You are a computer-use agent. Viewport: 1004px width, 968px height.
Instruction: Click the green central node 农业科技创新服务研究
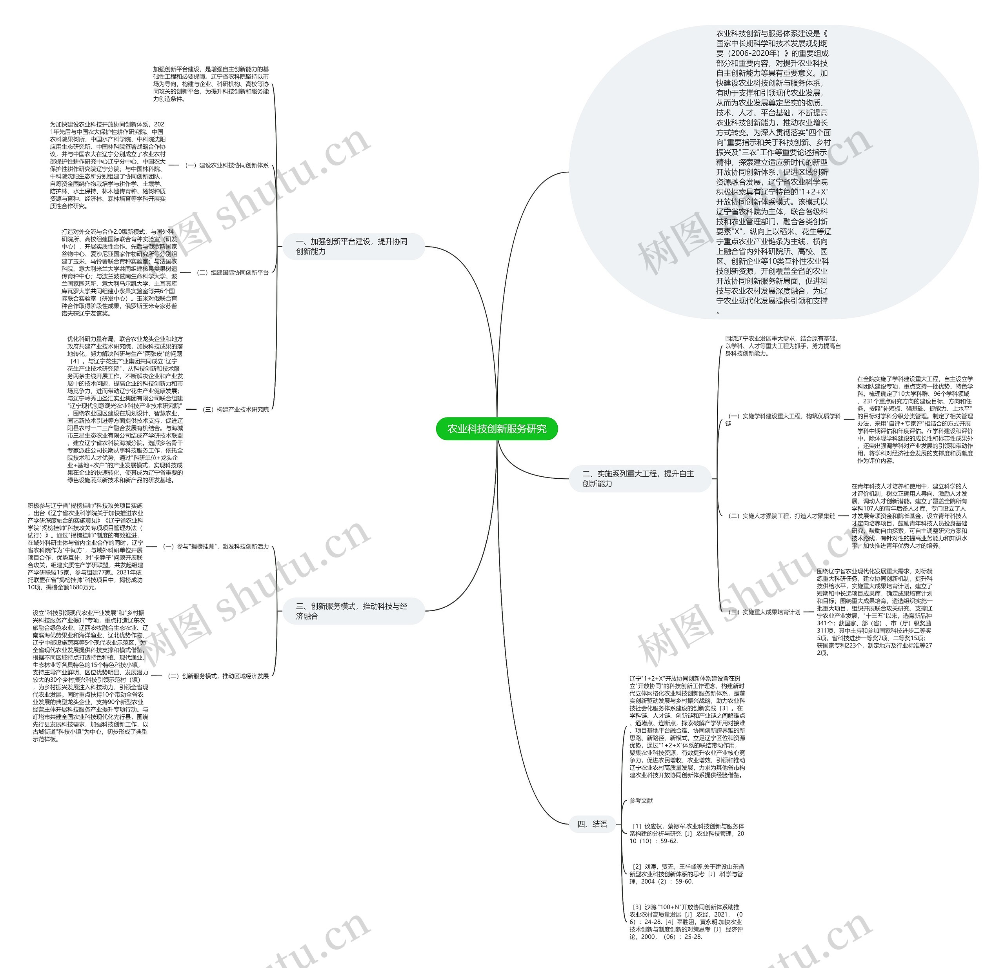pos(497,429)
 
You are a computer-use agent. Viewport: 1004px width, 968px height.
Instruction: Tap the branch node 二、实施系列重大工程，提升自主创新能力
pos(639,478)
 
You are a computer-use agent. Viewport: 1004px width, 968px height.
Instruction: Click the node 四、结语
pos(592,824)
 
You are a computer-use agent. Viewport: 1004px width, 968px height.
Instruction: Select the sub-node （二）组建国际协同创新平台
pos(232,272)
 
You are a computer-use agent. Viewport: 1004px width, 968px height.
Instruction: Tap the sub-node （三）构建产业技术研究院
pos(235,409)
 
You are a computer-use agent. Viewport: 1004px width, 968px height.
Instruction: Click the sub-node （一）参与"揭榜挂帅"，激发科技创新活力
pos(215,547)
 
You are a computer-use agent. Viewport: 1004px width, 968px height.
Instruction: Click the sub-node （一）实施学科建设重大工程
pos(783,420)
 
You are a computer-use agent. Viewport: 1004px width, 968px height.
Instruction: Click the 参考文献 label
pos(641,801)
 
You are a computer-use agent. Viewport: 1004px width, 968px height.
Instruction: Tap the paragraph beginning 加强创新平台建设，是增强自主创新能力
pos(211,84)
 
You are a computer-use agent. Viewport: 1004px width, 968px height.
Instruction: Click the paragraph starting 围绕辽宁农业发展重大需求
pos(782,346)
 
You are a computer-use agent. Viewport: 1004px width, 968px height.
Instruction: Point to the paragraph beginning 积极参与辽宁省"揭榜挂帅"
pos(85,547)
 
